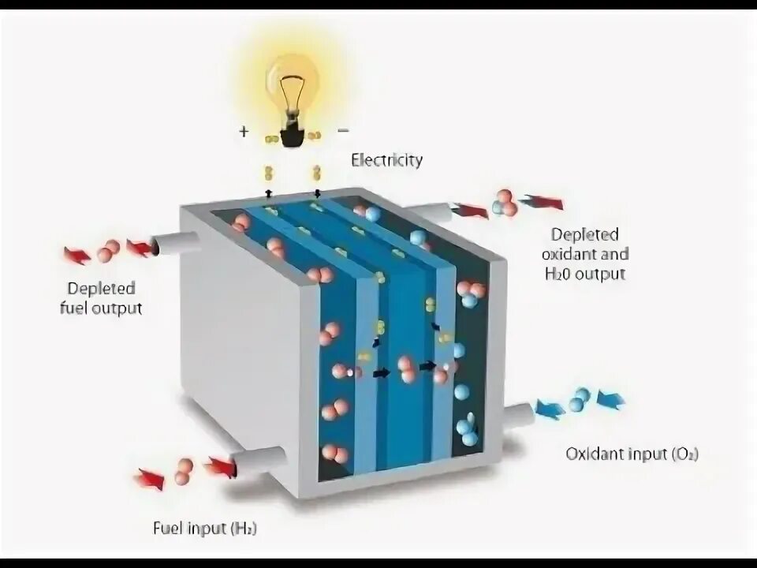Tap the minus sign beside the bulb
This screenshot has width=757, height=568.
(x=343, y=129)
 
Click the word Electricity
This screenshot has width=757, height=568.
(x=386, y=160)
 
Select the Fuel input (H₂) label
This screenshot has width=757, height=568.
(x=205, y=528)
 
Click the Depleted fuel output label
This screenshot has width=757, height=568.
(x=101, y=297)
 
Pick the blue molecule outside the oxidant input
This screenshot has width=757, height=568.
(x=580, y=399)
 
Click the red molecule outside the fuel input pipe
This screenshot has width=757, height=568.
(x=184, y=471)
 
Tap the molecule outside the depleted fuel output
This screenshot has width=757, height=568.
(x=109, y=251)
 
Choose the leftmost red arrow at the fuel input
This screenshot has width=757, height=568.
(x=149, y=478)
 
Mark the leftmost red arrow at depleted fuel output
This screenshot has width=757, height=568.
(x=77, y=255)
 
